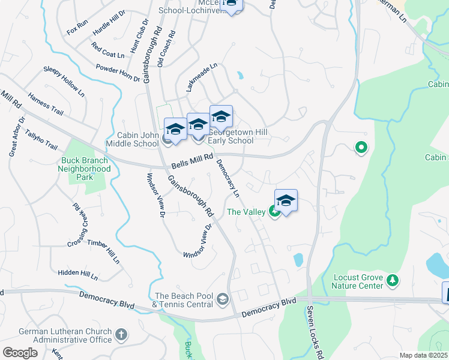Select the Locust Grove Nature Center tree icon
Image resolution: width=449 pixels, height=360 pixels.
pos(393,280)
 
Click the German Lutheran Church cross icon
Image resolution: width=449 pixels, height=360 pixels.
pos(121,334)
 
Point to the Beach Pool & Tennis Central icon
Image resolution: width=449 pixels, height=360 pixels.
pos(223,299)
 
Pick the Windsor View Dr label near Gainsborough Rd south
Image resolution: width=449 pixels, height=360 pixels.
pos(198,242)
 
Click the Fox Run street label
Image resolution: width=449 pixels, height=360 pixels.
pos(77,27)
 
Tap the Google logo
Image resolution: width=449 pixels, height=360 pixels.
pos(20,353)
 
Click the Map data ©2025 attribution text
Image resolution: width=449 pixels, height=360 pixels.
pos(423,355)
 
